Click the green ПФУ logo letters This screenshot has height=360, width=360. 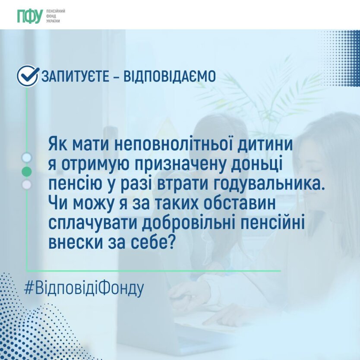click(x=30, y=16)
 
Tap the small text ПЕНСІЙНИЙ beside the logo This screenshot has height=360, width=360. click(x=56, y=11)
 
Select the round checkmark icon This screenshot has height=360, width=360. click(x=28, y=76)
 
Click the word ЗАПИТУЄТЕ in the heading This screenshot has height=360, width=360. click(x=75, y=76)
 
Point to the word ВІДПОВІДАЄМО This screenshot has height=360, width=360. click(x=170, y=76)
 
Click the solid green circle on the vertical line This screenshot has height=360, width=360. click(x=27, y=171)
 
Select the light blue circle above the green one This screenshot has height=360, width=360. click(x=27, y=158)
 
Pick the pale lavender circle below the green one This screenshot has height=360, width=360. click(x=27, y=185)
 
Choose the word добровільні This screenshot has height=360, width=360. click(x=188, y=223)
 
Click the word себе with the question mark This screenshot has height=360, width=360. click(x=152, y=242)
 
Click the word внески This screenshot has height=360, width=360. click(x=76, y=243)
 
